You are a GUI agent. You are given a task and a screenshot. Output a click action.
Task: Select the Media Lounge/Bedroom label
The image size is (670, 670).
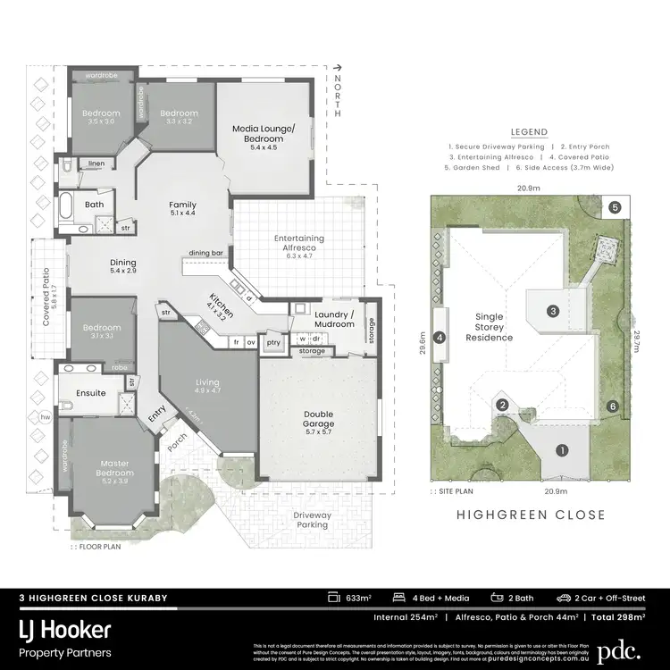coord(263,134)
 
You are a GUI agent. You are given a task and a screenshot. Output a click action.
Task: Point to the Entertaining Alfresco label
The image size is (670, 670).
coord(299,243)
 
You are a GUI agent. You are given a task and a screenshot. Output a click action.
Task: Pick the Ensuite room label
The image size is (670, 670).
coord(91,392)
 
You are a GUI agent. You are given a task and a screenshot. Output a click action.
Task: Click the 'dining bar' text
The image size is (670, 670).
coord(205,253)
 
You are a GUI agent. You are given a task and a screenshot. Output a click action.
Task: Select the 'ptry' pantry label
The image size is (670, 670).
coord(273,341)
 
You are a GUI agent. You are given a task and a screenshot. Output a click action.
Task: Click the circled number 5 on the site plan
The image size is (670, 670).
coord(615,207)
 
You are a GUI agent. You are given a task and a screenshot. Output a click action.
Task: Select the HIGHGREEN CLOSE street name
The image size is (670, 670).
coord(531,515)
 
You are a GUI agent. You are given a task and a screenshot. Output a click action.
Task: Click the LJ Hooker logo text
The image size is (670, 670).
coord(66,629)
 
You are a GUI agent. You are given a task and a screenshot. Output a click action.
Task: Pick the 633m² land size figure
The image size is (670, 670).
coord(357,598)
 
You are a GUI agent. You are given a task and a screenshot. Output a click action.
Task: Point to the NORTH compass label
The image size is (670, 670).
coord(337,96)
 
